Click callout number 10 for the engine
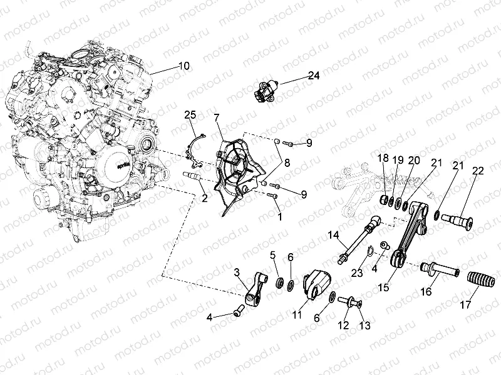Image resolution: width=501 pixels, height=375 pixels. click(184, 66)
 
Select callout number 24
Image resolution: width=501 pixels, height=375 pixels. click(314, 76)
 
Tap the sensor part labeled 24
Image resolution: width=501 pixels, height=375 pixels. click(267, 89)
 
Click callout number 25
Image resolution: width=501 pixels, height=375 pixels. click(190, 115)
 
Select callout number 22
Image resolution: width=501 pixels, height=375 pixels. click(478, 170)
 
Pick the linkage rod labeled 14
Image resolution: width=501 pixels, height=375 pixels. click(359, 239)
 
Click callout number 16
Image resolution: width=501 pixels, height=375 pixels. click(427, 291)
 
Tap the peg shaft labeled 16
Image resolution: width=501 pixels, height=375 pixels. click(440, 269)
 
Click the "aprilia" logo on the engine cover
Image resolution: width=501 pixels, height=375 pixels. click(121, 166)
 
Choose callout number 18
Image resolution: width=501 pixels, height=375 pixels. click(383, 158)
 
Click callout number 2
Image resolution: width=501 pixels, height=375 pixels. click(205, 198)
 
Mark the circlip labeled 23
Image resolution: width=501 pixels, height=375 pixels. click(369, 252)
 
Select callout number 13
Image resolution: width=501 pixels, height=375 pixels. click(365, 325)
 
